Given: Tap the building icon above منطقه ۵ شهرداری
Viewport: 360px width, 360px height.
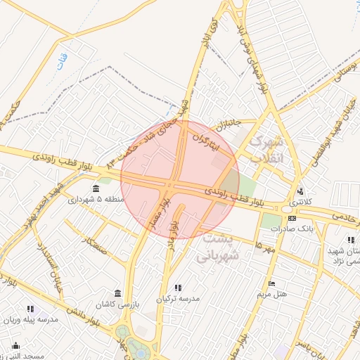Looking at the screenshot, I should pos(96,188).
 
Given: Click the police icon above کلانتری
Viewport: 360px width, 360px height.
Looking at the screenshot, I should pos(302,191).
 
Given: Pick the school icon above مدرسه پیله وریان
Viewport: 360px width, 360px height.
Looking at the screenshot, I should pos(30,309).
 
